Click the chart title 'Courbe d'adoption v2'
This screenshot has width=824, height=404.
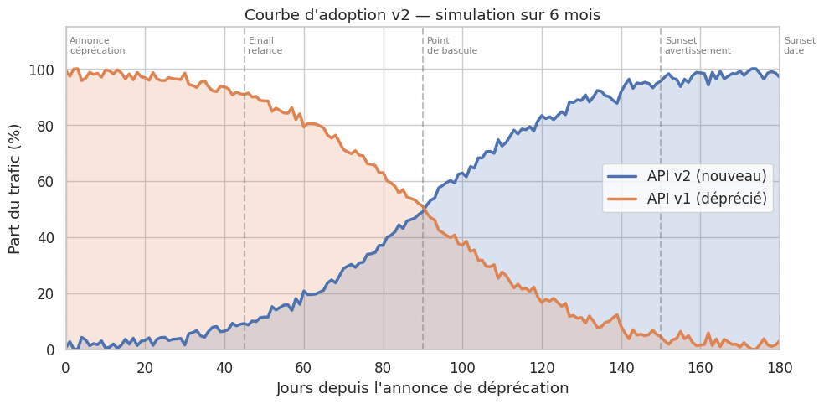(422, 15)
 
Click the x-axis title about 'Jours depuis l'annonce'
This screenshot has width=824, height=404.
(422, 388)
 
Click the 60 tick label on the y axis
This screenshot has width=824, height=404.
(48, 182)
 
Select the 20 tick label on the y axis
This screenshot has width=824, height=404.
(48, 293)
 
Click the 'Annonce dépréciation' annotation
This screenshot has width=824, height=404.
(97, 45)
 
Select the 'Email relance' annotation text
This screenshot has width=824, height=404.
(265, 45)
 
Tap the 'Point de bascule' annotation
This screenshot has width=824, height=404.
(452, 45)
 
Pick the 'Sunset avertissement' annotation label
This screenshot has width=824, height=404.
(698, 45)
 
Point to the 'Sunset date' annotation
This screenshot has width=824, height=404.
(800, 45)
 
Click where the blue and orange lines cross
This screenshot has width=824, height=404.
(423, 209)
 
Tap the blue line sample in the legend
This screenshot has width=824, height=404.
(623, 176)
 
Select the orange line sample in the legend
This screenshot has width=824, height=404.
(623, 199)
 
